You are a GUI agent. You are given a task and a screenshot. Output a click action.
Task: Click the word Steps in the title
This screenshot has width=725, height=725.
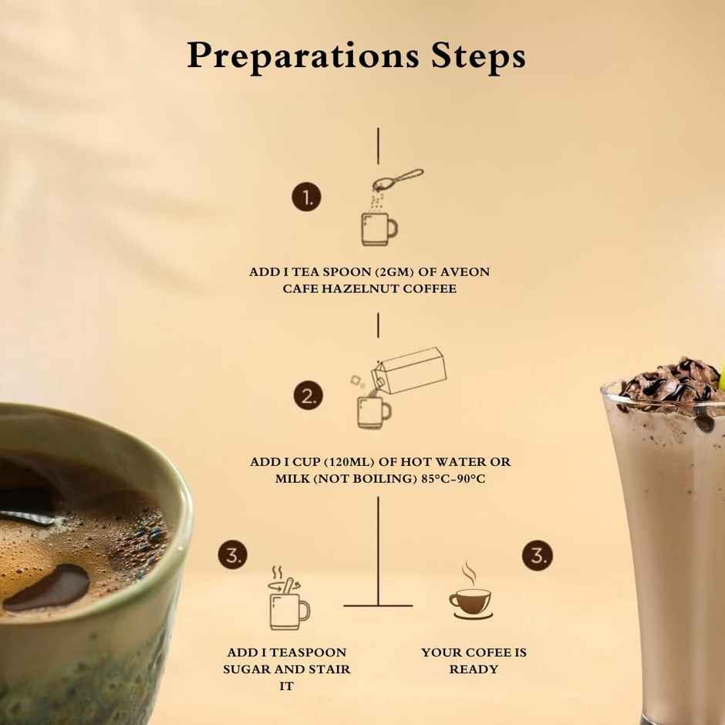[478, 56]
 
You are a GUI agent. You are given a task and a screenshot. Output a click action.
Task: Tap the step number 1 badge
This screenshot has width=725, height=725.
[306, 197]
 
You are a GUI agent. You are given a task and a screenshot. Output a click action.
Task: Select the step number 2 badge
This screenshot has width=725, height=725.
[309, 396]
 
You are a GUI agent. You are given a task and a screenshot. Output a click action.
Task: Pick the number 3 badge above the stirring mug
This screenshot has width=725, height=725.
[233, 555]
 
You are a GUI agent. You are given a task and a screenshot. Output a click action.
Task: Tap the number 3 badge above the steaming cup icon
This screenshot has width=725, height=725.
[538, 555]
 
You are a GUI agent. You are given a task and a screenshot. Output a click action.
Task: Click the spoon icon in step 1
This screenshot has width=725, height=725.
[398, 180]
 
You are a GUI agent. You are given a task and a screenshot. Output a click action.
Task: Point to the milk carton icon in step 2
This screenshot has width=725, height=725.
[409, 371]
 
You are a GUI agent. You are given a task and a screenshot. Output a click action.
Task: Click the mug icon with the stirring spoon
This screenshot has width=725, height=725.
[288, 598]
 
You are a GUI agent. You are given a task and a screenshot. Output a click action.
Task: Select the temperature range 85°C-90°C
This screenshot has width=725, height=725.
[454, 478]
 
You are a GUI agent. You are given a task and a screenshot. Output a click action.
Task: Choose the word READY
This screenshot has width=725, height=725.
[474, 669]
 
